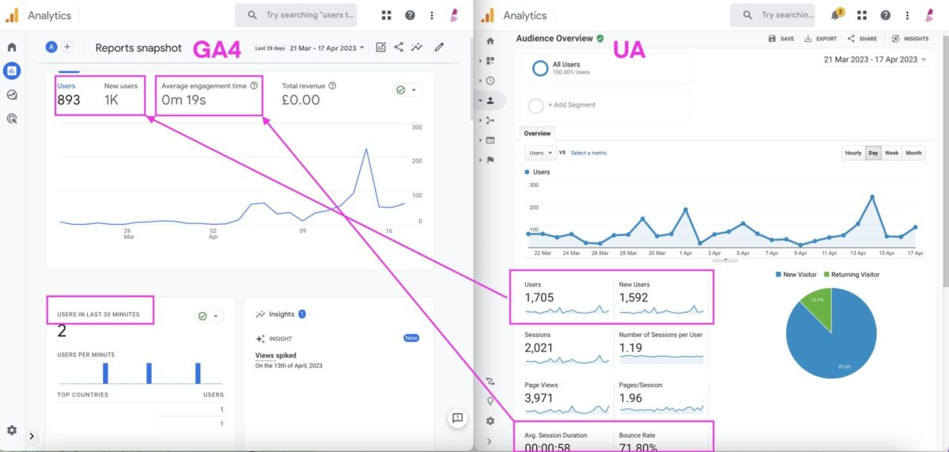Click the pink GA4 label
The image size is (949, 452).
tap(217, 48)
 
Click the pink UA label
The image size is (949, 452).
tap(630, 51)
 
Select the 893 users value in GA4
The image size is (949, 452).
tap(69, 100)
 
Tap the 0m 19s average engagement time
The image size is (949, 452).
tap(184, 100)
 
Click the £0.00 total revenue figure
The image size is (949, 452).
tap(301, 100)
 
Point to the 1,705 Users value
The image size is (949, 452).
tap(539, 298)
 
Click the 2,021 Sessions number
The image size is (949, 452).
tap(539, 348)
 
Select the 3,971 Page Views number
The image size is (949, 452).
tap(539, 398)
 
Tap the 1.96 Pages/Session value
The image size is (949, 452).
tap(630, 398)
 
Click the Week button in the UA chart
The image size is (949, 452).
tap(891, 153)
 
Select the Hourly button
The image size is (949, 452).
tap(853, 153)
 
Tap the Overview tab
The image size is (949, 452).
tap(538, 133)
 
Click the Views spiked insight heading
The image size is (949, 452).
tap(276, 355)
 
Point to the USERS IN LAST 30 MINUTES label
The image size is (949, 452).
tap(98, 314)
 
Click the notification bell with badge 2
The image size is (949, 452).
tap(835, 15)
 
